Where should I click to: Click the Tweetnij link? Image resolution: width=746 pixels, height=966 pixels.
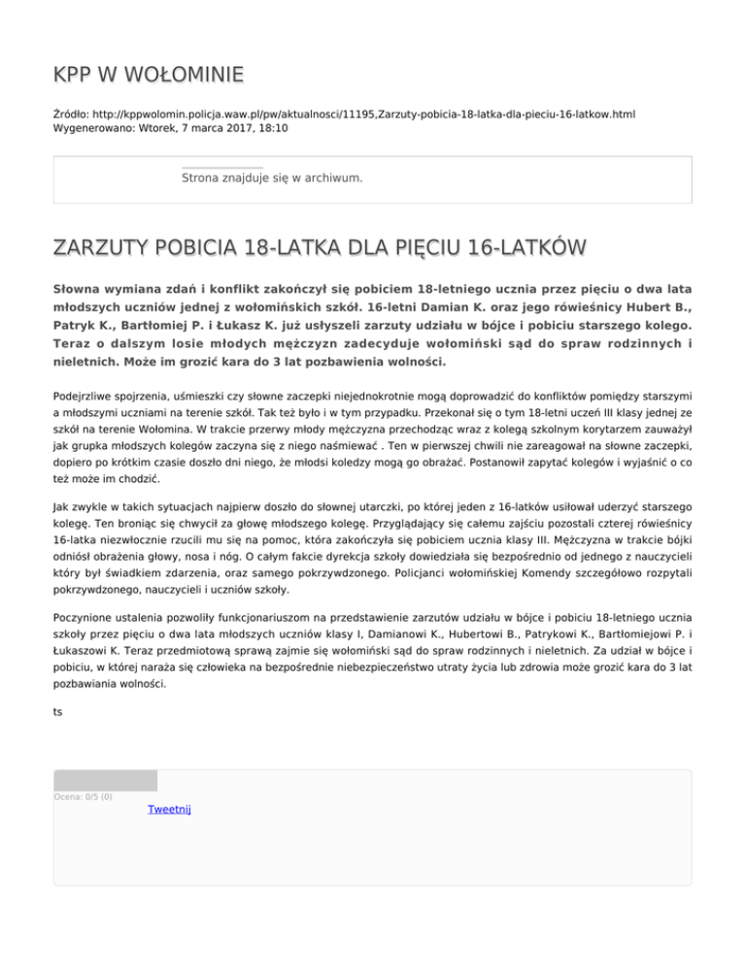coord(169,810)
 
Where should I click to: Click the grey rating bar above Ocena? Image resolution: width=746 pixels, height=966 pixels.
coord(105,780)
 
